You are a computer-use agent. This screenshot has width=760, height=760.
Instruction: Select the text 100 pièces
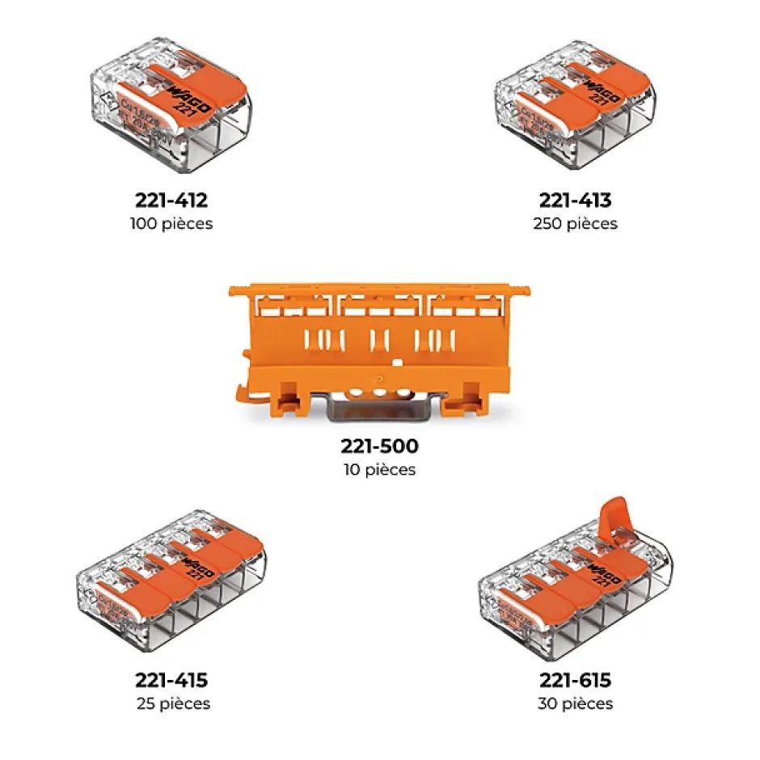[x=171, y=224]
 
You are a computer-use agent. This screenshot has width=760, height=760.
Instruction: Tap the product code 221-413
[x=575, y=200]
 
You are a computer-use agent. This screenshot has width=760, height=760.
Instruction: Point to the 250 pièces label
[x=575, y=224]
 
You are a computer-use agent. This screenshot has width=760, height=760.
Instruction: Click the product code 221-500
[x=379, y=445]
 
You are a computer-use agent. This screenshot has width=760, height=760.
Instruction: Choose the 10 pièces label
[x=379, y=470]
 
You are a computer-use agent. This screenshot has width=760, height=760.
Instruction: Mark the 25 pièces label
[x=173, y=704]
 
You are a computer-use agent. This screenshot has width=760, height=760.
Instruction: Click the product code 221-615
[x=575, y=680]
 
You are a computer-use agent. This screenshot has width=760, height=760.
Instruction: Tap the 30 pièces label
[x=575, y=704]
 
